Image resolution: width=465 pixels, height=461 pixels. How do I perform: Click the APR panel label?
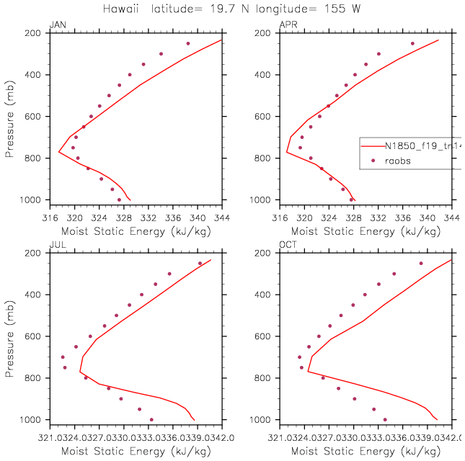pos(286,25)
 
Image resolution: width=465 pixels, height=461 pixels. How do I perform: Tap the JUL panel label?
pos(56,246)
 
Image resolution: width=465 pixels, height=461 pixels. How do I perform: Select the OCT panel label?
pos(287,246)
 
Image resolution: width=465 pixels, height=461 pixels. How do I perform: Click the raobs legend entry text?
pos(397,161)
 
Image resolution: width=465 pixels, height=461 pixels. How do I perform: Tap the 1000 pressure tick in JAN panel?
pos(32,200)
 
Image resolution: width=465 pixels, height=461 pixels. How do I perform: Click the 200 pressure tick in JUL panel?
pos(34,254)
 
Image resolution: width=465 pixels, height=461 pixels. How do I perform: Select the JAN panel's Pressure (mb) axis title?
pos(9,117)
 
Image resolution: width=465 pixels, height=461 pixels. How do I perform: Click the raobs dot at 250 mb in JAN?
pos(188,43)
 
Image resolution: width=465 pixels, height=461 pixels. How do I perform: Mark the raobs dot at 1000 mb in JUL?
pos(151,419)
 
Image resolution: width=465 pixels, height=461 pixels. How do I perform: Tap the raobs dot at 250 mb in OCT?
pos(421,263)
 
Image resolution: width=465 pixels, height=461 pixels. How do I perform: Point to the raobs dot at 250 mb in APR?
pos(413,43)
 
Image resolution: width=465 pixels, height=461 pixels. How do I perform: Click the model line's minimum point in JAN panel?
pos(59,152)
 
